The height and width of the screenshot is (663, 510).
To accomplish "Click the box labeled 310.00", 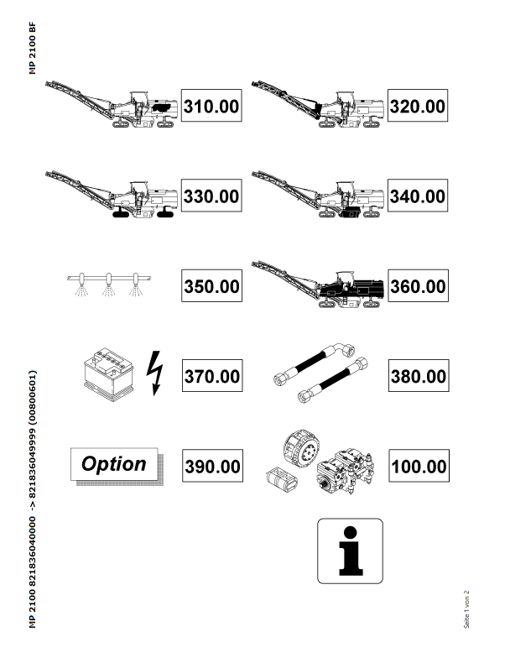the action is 211,105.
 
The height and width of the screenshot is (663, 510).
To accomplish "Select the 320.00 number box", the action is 418,105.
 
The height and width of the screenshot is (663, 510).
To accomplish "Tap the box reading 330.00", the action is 211,196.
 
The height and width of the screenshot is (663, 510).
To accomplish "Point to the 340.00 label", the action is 418,196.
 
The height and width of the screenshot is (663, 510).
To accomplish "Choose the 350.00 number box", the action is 211,285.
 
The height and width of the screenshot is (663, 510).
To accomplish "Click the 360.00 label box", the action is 418,285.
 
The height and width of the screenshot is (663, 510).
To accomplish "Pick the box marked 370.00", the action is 212,375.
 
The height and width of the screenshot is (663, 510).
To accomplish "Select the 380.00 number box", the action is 419,375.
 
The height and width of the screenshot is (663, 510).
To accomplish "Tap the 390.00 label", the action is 212,466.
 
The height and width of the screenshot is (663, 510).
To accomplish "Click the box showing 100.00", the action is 419,466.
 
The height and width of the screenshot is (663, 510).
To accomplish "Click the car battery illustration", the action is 108,374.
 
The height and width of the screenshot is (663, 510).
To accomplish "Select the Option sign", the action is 117,467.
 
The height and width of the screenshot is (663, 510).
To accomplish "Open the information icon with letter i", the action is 351,551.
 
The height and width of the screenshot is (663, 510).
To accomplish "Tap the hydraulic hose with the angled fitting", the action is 315,363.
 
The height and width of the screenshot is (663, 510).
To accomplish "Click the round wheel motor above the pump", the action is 301,448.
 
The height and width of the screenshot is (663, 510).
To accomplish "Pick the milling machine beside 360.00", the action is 318,284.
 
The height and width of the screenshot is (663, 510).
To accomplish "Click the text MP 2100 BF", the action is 33,48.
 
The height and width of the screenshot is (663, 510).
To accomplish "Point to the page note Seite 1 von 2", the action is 466,609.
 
